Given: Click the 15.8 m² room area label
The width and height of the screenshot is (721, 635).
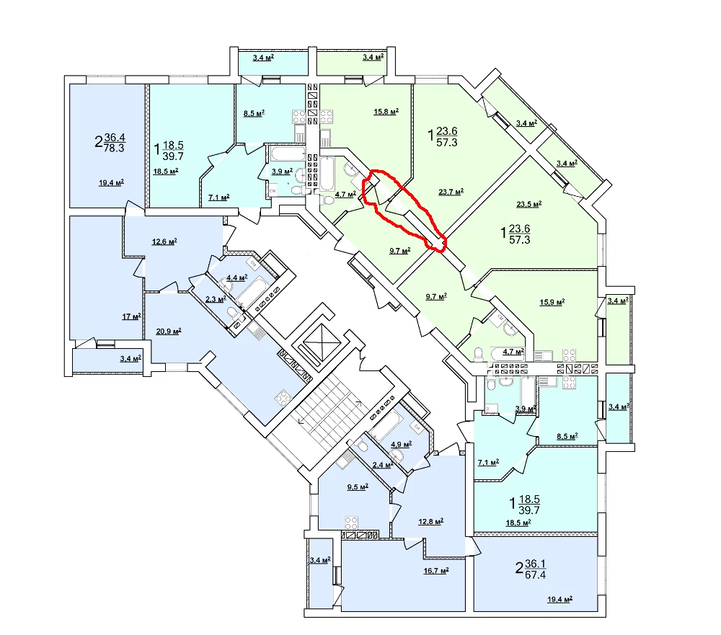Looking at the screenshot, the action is pyautogui.click(x=386, y=111).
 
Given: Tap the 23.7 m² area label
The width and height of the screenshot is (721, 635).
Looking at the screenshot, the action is pyautogui.click(x=451, y=192).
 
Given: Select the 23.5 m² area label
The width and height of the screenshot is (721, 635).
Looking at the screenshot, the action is pyautogui.click(x=528, y=204).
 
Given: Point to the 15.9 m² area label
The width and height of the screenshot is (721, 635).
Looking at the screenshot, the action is pyautogui.click(x=552, y=302).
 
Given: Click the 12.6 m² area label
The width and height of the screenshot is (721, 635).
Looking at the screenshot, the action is pyautogui.click(x=164, y=241).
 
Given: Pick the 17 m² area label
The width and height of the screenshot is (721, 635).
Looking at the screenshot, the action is pyautogui.click(x=131, y=316).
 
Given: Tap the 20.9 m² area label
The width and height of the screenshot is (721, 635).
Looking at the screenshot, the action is pyautogui.click(x=168, y=331).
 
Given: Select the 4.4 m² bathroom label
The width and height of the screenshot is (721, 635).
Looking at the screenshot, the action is pyautogui.click(x=236, y=277).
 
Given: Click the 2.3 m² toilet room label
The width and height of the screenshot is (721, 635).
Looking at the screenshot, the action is pyautogui.click(x=215, y=299).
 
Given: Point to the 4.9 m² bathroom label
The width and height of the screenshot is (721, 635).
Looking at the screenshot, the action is pyautogui.click(x=401, y=444).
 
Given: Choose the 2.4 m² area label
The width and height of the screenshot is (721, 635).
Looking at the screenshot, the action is pyautogui.click(x=383, y=465).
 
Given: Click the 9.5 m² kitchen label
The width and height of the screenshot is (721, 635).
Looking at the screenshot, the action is pyautogui.click(x=358, y=487).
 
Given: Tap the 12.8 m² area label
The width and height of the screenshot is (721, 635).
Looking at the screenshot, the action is pyautogui.click(x=430, y=521).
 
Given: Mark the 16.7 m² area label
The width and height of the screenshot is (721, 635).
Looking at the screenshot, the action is pyautogui.click(x=436, y=571).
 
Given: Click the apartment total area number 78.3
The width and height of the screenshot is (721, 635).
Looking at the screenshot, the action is pyautogui.click(x=114, y=148).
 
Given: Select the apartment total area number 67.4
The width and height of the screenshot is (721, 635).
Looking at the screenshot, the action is pyautogui.click(x=535, y=574).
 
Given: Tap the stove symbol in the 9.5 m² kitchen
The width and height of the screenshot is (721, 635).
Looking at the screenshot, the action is pyautogui.click(x=351, y=523).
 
